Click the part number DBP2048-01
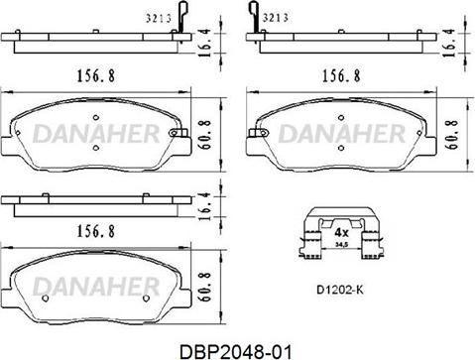(235, 351)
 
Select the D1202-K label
(340, 290)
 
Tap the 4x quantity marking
(341, 233)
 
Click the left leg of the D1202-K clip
(312, 245)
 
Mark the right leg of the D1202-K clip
(373, 245)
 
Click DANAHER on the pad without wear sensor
(96, 286)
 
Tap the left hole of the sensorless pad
(46, 299)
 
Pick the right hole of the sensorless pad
(146, 299)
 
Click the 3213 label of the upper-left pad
(159, 19)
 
